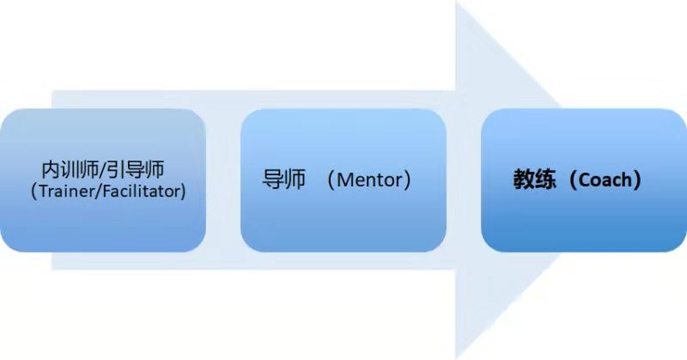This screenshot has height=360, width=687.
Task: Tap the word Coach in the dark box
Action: tap(603, 181)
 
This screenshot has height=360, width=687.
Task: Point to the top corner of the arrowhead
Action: tap(456, 5)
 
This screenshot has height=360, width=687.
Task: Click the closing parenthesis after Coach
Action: tap(636, 181)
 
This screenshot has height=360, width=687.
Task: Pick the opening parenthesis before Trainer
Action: tap(32, 191)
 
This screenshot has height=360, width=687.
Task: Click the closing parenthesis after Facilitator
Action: tap(182, 191)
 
